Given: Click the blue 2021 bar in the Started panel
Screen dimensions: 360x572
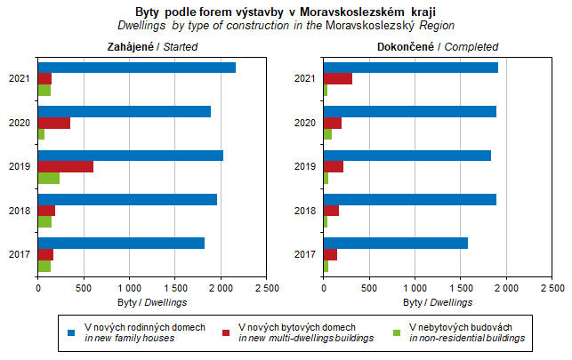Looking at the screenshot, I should pyautogui.click(x=137, y=68).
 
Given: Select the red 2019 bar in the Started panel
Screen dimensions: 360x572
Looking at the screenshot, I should pyautogui.click(x=66, y=166).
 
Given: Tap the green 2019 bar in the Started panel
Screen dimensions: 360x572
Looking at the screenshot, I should pyautogui.click(x=49, y=178).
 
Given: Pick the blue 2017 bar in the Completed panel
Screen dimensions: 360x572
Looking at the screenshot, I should pyautogui.click(x=395, y=243).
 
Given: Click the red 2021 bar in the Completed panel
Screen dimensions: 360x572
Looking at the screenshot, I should pyautogui.click(x=338, y=78).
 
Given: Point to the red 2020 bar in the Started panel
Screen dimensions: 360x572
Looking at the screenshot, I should pyautogui.click(x=54, y=123).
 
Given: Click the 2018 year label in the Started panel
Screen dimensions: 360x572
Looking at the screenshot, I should pyautogui.click(x=20, y=211).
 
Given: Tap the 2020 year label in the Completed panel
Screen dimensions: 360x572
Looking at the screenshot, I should pyautogui.click(x=305, y=123).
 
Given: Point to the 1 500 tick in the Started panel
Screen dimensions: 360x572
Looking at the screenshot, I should pyautogui.click(x=175, y=288).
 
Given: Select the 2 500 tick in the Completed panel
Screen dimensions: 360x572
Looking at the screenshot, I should pyautogui.click(x=552, y=288).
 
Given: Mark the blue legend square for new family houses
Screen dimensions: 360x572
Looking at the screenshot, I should pyautogui.click(x=71, y=332).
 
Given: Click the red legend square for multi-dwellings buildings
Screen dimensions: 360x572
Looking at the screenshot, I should pyautogui.click(x=227, y=332).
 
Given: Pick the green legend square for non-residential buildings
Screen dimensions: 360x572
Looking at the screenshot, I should pyautogui.click(x=398, y=332).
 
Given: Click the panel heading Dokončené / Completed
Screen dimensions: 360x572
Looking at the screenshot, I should pyautogui.click(x=438, y=46).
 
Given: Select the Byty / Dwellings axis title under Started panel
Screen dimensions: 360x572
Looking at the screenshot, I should pyautogui.click(x=152, y=302).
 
